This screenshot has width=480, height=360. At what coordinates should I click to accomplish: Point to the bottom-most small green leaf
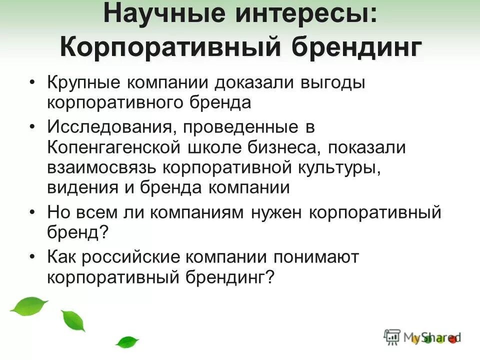pyautogui.click(x=127, y=342)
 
